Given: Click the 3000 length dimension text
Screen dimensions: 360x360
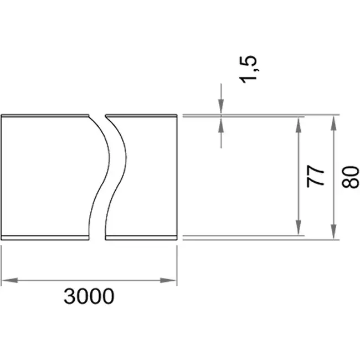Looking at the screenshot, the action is [x=89, y=296].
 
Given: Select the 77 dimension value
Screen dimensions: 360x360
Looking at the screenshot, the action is [x=316, y=176].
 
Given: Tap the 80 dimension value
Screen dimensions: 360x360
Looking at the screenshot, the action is [x=351, y=177].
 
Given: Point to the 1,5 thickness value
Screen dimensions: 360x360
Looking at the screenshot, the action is [x=248, y=69].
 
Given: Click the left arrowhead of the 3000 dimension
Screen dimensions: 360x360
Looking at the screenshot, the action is [x=9, y=280].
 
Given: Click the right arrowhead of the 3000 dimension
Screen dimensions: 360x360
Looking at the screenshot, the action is [x=168, y=280].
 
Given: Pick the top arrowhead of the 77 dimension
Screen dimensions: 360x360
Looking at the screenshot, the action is [x=299, y=125].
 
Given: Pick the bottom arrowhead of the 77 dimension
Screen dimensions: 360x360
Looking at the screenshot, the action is [x=299, y=227].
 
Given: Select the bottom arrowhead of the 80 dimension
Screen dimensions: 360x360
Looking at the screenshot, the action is [x=334, y=232].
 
